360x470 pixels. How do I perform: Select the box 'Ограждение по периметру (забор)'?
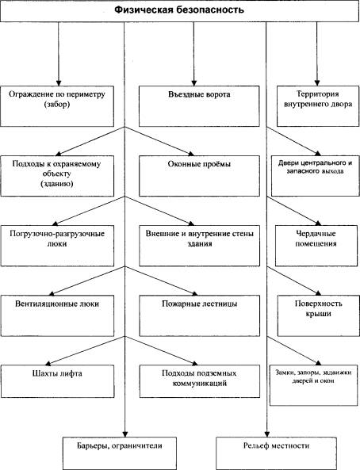pos(57,106)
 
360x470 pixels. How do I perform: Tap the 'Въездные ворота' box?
pos(199,106)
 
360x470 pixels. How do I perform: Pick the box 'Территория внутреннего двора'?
pos(318,106)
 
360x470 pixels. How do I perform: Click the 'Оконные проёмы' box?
pos(199,176)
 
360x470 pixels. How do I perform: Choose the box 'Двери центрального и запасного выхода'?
pos(316,176)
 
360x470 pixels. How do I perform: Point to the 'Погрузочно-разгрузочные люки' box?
pos(57,246)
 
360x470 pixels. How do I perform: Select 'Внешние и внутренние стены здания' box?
pos(200,246)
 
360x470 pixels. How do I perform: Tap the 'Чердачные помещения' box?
pos(316,246)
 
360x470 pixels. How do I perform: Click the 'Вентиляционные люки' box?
pos(57,315)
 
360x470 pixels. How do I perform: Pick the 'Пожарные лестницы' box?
pos(200,315)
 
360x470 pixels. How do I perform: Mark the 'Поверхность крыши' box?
pos(318,315)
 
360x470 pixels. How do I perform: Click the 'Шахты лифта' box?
pos(57,381)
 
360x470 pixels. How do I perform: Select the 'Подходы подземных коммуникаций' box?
pos(200,381)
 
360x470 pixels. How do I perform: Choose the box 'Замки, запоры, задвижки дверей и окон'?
pos(314,385)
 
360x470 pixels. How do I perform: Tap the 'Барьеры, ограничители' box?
pos(120,453)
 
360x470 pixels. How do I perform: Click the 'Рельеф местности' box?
pos(276,453)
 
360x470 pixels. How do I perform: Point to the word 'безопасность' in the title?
pos(209,10)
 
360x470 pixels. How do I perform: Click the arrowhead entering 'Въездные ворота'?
pos(193,83)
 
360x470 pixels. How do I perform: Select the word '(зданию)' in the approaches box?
pos(57,183)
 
